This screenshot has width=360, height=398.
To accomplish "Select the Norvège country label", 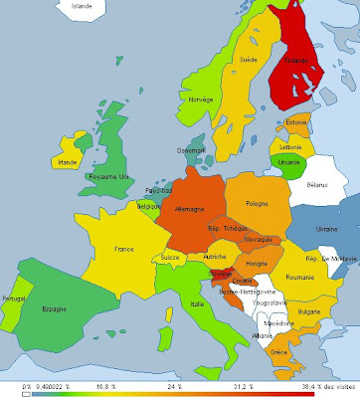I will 203,99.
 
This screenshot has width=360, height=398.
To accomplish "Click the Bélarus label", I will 315,185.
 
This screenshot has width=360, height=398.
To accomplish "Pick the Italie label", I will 199,303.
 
